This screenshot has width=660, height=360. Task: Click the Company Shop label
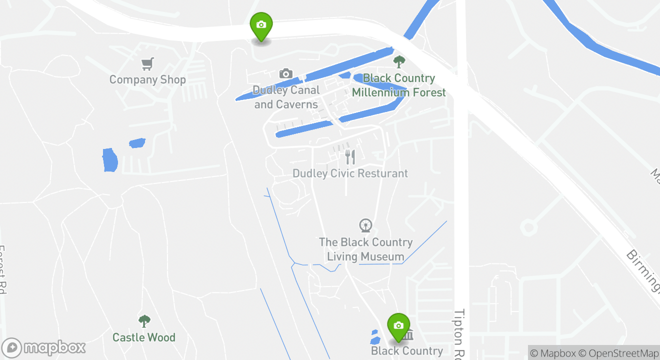(x=147, y=79)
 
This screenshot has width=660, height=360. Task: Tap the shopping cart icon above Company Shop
(x=147, y=64)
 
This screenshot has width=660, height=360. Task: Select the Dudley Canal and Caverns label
(x=286, y=97)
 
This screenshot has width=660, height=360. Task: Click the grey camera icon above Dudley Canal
(x=285, y=74)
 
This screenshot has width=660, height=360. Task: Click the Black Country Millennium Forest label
(x=398, y=85)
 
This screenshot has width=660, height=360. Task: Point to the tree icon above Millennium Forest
(x=399, y=62)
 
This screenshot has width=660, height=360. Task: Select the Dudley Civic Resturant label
(x=350, y=173)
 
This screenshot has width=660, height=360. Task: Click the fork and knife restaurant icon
(x=350, y=157)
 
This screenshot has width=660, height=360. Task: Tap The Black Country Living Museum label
(x=365, y=249)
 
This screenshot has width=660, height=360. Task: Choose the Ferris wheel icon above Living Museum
(x=366, y=225)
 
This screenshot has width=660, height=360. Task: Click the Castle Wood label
(x=144, y=337)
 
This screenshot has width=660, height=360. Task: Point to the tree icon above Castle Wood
(x=144, y=321)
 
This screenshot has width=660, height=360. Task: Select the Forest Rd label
(x=3, y=270)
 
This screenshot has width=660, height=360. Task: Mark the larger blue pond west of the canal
(x=109, y=160)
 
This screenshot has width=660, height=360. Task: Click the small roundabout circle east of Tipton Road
(x=528, y=228)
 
